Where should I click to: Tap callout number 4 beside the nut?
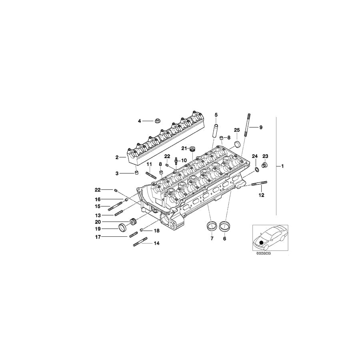pos(140,121)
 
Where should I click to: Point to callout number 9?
pos(261,127)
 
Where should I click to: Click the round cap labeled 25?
pos(238,144)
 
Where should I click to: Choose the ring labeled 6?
pos(225,226)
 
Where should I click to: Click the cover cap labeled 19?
pos(123,228)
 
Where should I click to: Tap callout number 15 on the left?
pos(97,206)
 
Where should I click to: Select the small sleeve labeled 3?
pos(136,173)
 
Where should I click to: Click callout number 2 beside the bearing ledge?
pos(117,157)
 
